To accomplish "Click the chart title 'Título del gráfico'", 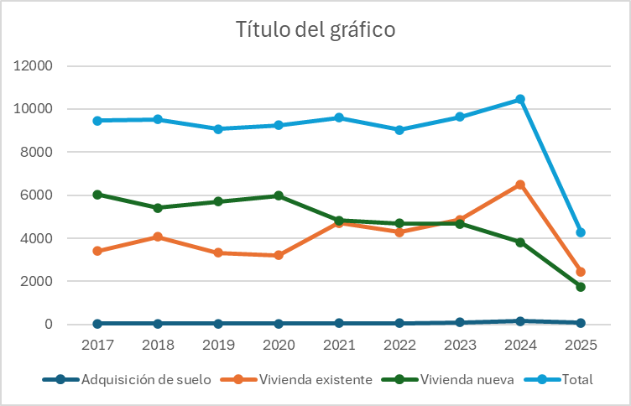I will point(315,30).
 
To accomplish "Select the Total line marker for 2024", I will point(520,99).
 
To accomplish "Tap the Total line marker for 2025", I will point(581,232).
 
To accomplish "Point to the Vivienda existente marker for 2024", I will point(520,185).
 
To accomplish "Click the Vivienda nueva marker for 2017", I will point(98,195).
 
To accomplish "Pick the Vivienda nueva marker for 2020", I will point(279,195).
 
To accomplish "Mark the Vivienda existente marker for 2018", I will point(159,237).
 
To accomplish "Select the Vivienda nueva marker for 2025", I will point(581,287).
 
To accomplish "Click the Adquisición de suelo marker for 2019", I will point(218,323).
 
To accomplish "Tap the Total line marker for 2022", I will point(399,130).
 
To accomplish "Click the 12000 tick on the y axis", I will point(36,66).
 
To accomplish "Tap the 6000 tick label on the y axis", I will point(39,195).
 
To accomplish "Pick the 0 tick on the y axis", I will point(50,325).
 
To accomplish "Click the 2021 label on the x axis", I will point(339,344).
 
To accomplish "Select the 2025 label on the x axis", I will point(581,344).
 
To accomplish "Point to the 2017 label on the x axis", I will point(98,344).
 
